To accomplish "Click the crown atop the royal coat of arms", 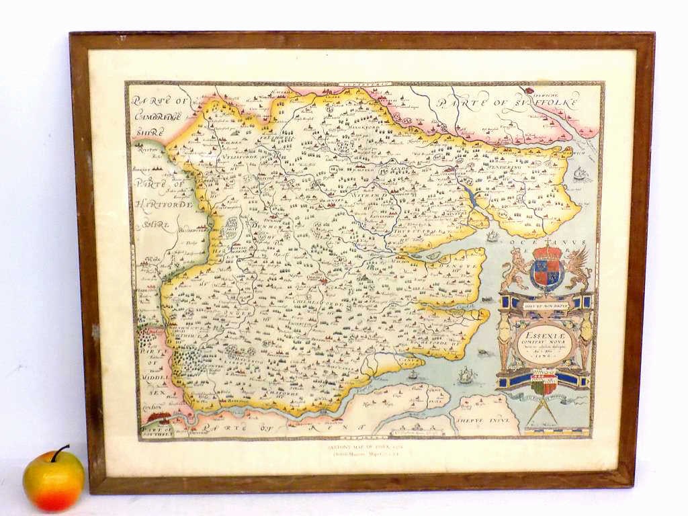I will click(546, 252).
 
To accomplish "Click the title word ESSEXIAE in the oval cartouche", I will click(546, 332).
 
